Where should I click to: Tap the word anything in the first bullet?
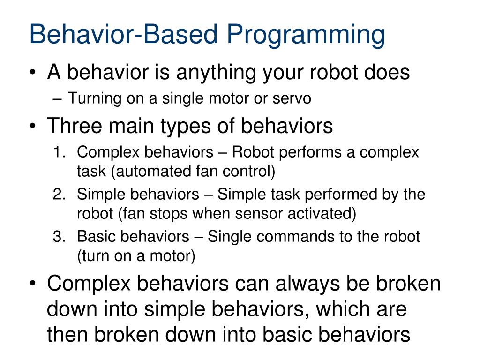click(x=215, y=74)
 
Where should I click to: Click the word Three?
click(x=75, y=126)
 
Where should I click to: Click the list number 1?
click(x=60, y=152)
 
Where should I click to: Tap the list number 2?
click(x=59, y=194)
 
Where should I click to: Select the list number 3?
click(x=59, y=236)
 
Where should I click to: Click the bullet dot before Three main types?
click(x=33, y=126)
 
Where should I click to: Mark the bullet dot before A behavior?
click(x=33, y=73)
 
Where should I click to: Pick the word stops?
click(x=168, y=214)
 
